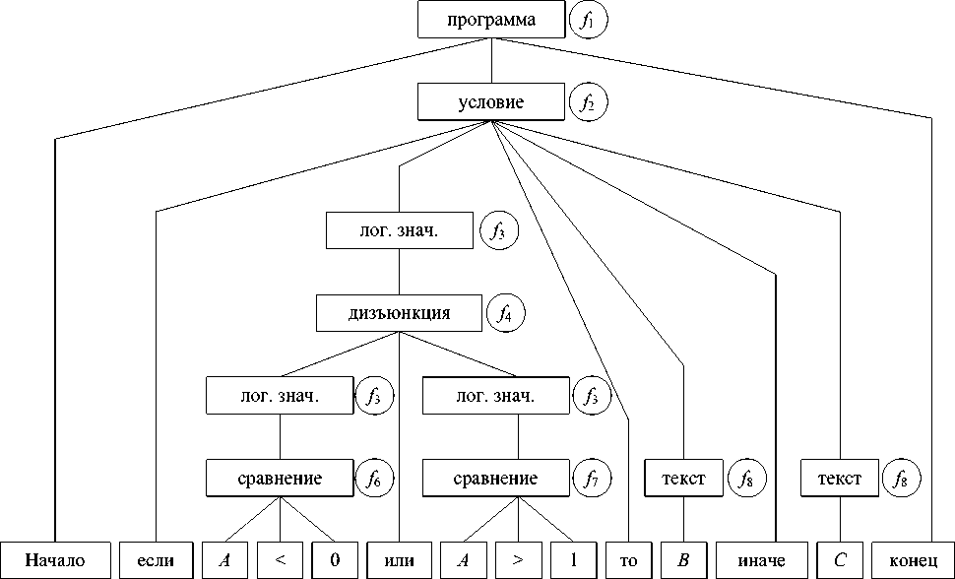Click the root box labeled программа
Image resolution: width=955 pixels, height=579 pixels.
[491, 20]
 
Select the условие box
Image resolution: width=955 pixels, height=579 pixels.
[491, 102]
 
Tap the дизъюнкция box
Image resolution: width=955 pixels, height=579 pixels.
[399, 314]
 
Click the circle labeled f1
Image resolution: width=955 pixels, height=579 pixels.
[589, 20]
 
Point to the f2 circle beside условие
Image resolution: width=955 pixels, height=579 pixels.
[589, 102]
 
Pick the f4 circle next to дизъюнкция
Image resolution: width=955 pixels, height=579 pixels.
[505, 314]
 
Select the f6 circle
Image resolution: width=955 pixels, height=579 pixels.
[373, 480]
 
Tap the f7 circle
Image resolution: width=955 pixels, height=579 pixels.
[591, 480]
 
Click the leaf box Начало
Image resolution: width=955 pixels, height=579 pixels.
[55, 560]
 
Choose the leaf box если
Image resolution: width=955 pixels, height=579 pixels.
[156, 560]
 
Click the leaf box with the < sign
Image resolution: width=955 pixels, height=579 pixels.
[281, 560]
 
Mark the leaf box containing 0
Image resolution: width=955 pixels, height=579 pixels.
[335, 560]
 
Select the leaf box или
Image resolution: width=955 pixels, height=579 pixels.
[399, 560]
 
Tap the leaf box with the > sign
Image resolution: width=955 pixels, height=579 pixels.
[517, 560]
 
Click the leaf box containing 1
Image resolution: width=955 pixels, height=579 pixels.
[571, 560]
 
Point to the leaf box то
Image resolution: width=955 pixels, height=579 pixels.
[628, 560]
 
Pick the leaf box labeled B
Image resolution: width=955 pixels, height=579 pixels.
[682, 560]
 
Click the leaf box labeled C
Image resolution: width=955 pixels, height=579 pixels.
[839, 560]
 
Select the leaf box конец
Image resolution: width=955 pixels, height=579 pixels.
[913, 560]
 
